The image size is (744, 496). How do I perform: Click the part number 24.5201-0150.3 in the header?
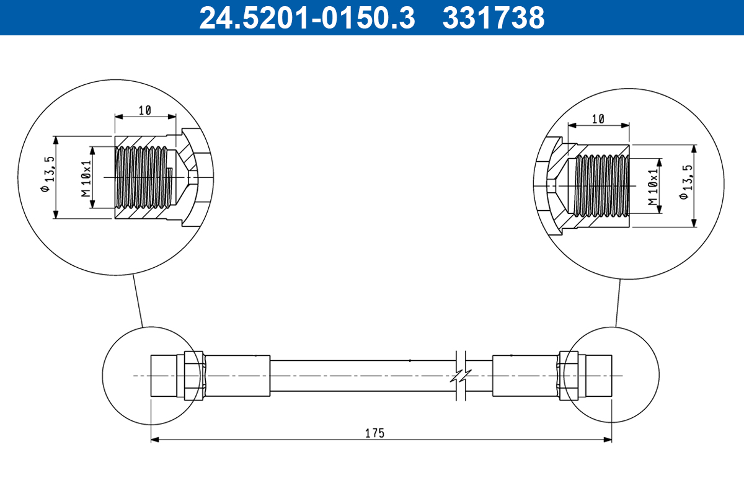pos(306,18)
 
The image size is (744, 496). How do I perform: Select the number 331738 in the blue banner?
pos(493,18)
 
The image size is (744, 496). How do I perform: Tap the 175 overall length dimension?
pos(374,433)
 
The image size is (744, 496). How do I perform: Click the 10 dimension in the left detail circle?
pos(145,110)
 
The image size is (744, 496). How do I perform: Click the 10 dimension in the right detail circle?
pos(598,119)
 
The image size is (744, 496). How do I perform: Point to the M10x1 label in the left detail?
pos(86,178)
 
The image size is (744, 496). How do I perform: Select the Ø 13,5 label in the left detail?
pos(45,175)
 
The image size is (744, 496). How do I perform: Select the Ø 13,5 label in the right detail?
pos(684,184)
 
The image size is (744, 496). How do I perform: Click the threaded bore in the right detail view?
pos(601,185)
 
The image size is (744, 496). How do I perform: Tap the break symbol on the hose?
pos(460,376)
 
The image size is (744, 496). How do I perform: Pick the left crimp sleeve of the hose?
pos(237,376)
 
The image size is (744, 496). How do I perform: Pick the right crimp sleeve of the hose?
pos(525,376)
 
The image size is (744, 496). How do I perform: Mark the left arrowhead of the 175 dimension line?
pos(155,440)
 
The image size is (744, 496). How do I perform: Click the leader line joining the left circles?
pos(138,300)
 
